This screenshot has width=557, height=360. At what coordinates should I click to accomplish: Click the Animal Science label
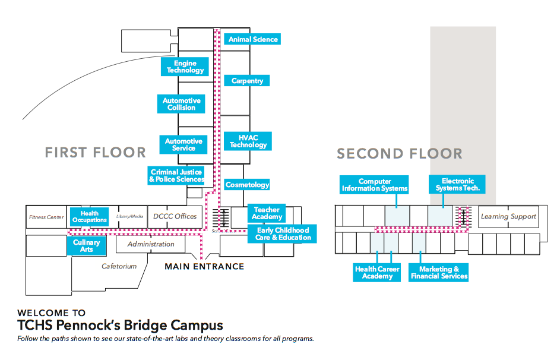tap(253, 39)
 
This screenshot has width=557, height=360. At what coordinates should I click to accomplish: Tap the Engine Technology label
tap(185, 67)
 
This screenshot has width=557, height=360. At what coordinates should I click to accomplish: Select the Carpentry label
tap(247, 81)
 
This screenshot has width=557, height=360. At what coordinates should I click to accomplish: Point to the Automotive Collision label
tap(181, 104)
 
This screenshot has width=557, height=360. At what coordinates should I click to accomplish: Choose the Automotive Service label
tap(183, 144)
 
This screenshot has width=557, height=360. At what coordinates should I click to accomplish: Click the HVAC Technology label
tap(248, 141)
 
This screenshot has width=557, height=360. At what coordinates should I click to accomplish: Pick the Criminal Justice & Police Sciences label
tap(176, 175)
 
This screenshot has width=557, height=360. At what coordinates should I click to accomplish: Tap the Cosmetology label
tap(247, 185)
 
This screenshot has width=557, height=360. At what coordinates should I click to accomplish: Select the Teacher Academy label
tap(267, 213)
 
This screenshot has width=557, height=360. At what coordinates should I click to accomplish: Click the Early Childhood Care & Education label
tap(283, 233)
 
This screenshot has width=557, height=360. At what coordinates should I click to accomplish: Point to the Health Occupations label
tap(89, 217)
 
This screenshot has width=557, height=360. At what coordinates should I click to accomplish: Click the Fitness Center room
tap(46, 217)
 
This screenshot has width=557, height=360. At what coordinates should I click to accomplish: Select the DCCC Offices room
tap(175, 216)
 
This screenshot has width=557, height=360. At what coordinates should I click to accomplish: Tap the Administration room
tap(151, 244)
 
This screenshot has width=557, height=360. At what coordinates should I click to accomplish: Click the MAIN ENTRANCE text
tap(204, 267)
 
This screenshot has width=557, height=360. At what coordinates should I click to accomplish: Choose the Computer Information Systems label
tap(375, 185)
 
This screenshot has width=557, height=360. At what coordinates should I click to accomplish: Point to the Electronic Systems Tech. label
tap(457, 185)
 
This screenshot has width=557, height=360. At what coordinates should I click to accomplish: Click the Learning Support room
tap(508, 216)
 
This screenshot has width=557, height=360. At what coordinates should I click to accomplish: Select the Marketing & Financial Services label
tap(439, 273)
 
